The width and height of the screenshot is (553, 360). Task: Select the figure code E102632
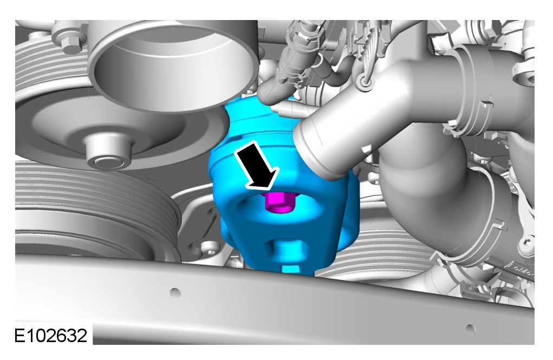50,335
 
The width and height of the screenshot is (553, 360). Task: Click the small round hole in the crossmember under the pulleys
175,293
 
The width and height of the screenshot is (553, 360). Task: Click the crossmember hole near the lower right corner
471,329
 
